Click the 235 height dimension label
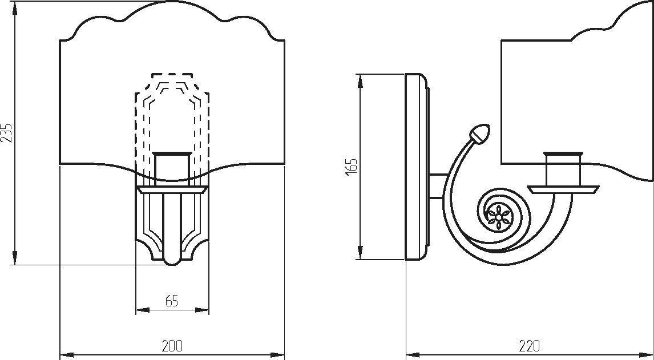pyautogui.click(x=7, y=133)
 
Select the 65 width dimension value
pyautogui.click(x=171, y=301)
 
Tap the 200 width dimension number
pyautogui.click(x=172, y=345)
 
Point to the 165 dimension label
pyautogui.click(x=352, y=167)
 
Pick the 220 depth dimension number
pyautogui.click(x=529, y=345)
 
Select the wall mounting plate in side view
pyautogui.click(x=416, y=167)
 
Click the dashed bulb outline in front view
pyautogui.click(x=172, y=125)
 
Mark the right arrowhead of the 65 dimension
pyautogui.click(x=202, y=310)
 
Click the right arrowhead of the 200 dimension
pyautogui.click(x=277, y=355)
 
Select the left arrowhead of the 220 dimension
pyautogui.click(x=413, y=355)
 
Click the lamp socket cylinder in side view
pyautogui.click(x=563, y=168)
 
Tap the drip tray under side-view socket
pyautogui.click(x=563, y=189)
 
